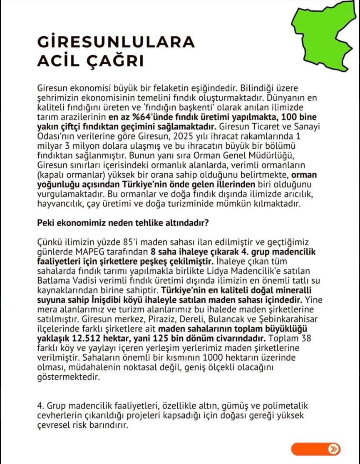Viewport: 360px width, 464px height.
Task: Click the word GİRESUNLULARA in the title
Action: tap(116, 42)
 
